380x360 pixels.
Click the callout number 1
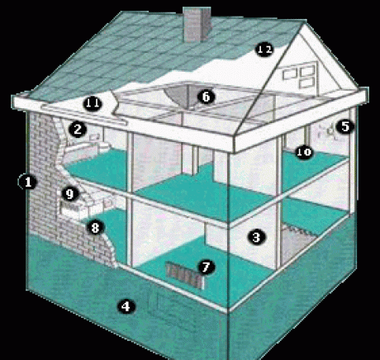(x=27, y=182)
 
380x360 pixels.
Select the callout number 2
(x=78, y=129)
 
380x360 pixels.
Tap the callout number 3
(x=256, y=237)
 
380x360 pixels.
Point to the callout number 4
(x=126, y=306)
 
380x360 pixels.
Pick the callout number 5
(x=344, y=126)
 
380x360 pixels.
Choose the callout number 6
(x=207, y=97)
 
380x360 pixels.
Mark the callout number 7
(x=207, y=267)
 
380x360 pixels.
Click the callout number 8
(x=95, y=228)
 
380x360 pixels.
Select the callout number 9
(x=70, y=194)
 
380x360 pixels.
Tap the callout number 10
(x=304, y=152)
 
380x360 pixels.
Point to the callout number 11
(x=93, y=103)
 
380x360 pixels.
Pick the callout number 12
(x=264, y=50)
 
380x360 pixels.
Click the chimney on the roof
(x=197, y=24)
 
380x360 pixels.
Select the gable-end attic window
(x=299, y=75)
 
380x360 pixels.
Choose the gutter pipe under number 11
(x=84, y=114)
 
